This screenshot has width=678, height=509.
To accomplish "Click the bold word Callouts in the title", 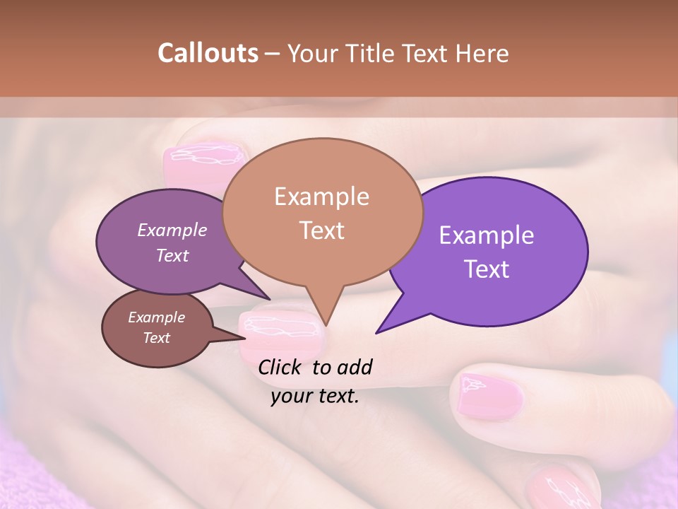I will coord(208,53).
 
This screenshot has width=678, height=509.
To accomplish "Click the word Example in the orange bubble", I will coord(322,197).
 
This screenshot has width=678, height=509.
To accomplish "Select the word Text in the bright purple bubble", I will coord(487,269).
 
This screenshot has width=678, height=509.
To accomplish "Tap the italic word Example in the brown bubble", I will coord(156,317).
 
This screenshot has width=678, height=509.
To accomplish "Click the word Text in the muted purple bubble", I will coord(172,256).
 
